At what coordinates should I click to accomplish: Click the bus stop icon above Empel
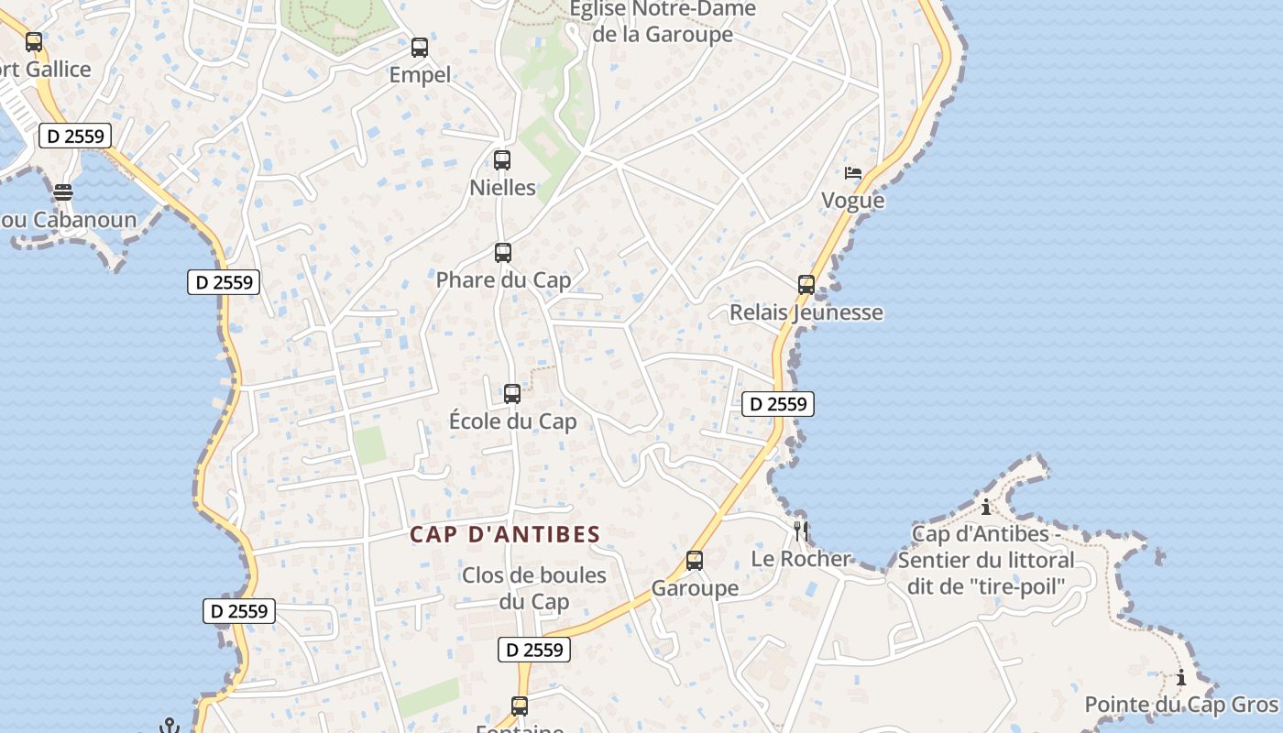click(x=420, y=48)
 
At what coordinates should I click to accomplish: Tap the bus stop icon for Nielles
click(x=502, y=160)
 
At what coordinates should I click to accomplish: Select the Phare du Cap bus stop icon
click(x=503, y=253)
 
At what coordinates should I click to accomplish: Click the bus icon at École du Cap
click(x=512, y=394)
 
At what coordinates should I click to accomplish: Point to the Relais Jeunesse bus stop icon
click(x=806, y=285)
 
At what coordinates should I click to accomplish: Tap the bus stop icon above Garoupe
click(x=695, y=561)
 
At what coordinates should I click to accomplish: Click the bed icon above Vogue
click(x=853, y=172)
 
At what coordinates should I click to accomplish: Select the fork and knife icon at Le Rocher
click(x=801, y=531)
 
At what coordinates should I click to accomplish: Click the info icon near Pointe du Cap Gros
click(x=1181, y=678)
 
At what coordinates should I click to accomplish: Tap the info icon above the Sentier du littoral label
click(x=986, y=507)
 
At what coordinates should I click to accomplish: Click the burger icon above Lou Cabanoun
click(x=62, y=192)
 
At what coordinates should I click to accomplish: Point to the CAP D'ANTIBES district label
click(x=505, y=535)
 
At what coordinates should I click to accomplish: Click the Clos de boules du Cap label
click(x=534, y=588)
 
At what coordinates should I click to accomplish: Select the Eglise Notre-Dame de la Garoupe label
click(x=663, y=22)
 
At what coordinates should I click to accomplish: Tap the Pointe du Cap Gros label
click(x=1180, y=705)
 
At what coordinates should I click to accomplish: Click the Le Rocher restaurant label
click(x=801, y=559)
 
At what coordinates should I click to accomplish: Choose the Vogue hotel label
click(x=853, y=201)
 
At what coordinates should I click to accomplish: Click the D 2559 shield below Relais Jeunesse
click(x=777, y=404)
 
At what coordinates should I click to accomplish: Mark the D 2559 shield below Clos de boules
click(x=534, y=650)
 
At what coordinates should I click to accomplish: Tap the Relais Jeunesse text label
click(x=806, y=312)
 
